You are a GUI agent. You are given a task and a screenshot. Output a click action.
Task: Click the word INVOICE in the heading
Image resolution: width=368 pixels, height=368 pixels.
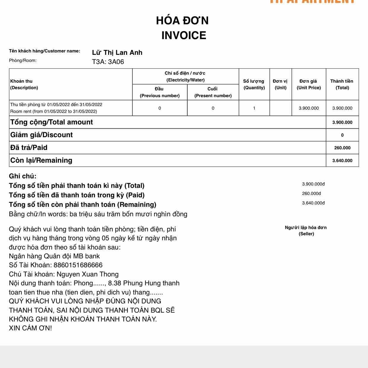click(x=184, y=36)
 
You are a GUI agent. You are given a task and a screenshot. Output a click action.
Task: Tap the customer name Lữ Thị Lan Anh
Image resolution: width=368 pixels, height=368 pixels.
click(x=117, y=53)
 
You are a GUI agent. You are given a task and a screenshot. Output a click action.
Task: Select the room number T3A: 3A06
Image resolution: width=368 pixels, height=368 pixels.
click(x=108, y=62)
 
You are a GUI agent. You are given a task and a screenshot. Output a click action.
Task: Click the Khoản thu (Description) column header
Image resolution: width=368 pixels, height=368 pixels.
click(x=24, y=84)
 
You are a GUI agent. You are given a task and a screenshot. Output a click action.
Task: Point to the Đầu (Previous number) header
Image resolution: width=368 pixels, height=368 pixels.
click(x=160, y=92)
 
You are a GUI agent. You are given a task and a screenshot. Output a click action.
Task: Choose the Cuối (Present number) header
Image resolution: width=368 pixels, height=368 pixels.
click(x=213, y=92)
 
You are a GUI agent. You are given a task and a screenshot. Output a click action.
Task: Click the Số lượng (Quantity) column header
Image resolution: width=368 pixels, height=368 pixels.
click(x=254, y=84)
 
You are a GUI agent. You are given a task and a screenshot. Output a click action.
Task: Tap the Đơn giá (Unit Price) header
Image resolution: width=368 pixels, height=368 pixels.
click(x=308, y=84)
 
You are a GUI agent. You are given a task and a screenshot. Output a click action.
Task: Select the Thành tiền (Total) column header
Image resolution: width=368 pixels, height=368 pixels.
click(x=342, y=84)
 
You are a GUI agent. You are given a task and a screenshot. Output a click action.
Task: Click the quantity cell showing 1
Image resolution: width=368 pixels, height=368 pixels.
click(x=254, y=108)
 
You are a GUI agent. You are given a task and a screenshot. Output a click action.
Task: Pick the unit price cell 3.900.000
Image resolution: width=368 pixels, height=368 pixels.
click(x=308, y=108)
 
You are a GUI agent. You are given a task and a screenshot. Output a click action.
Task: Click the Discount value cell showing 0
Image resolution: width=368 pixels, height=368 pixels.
click(x=342, y=135)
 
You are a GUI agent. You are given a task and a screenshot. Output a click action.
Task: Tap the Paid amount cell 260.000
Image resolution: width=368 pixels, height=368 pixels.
click(x=342, y=148)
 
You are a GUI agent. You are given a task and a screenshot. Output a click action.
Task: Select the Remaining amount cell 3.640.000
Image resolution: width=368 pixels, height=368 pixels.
click(x=342, y=161)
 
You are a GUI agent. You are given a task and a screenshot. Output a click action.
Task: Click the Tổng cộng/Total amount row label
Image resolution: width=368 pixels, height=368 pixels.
click(x=52, y=122)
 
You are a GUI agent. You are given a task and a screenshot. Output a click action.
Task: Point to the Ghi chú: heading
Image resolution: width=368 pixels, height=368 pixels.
click(x=23, y=176)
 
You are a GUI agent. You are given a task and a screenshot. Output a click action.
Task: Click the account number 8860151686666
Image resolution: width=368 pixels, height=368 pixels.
click(x=78, y=265)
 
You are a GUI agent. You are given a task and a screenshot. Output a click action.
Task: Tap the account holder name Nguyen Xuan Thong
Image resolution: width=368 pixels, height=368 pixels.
click(x=87, y=274)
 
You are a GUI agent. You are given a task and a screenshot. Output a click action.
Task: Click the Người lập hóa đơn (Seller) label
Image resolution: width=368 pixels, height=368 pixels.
click(x=306, y=231)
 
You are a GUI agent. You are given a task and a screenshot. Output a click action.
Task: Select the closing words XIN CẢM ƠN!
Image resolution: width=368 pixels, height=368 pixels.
click(x=30, y=328)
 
